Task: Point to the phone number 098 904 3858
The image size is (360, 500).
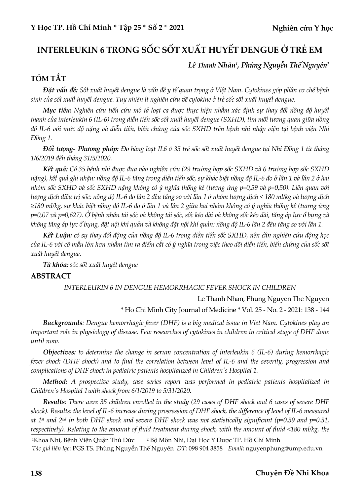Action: pyautogui.click(x=205, y=449)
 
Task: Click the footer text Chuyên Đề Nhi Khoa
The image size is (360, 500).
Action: pyautogui.click(x=292, y=473)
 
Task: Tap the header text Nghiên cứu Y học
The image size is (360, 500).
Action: pyautogui.click(x=303, y=28)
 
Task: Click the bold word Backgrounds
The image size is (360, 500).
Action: pyautogui.click(x=62, y=323)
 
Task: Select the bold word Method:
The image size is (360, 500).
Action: pyautogui.click(x=55, y=382)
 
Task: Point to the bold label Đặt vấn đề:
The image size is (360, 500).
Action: pyautogui.click(x=60, y=90)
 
